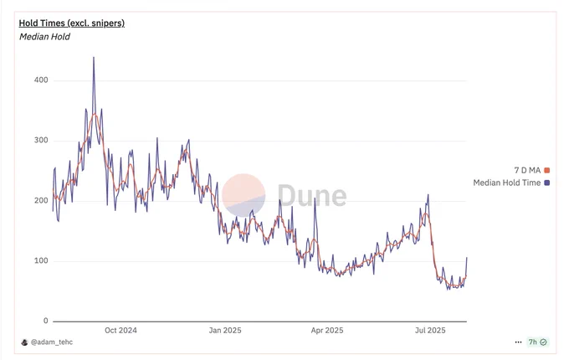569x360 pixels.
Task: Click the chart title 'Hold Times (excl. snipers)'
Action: [71, 23]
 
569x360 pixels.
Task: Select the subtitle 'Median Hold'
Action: [44, 37]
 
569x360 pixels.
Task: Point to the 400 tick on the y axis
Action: [41, 80]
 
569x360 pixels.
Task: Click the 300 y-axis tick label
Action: [41, 141]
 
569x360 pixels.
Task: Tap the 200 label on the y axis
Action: [41, 201]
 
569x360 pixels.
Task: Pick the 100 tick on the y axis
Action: [41, 261]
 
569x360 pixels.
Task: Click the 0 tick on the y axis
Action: [46, 321]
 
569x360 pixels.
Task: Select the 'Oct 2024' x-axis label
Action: [120, 331]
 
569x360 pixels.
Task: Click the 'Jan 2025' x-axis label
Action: [224, 331]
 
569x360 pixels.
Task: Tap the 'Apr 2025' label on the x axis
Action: [326, 331]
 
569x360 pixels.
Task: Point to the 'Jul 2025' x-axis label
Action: [430, 331]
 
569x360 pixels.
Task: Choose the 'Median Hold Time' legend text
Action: [506, 183]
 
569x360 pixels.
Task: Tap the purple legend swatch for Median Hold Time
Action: [547, 183]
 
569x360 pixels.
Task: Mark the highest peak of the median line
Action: [93, 58]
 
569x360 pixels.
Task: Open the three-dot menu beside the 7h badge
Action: [519, 342]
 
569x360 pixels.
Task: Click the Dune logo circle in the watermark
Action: [243, 195]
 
